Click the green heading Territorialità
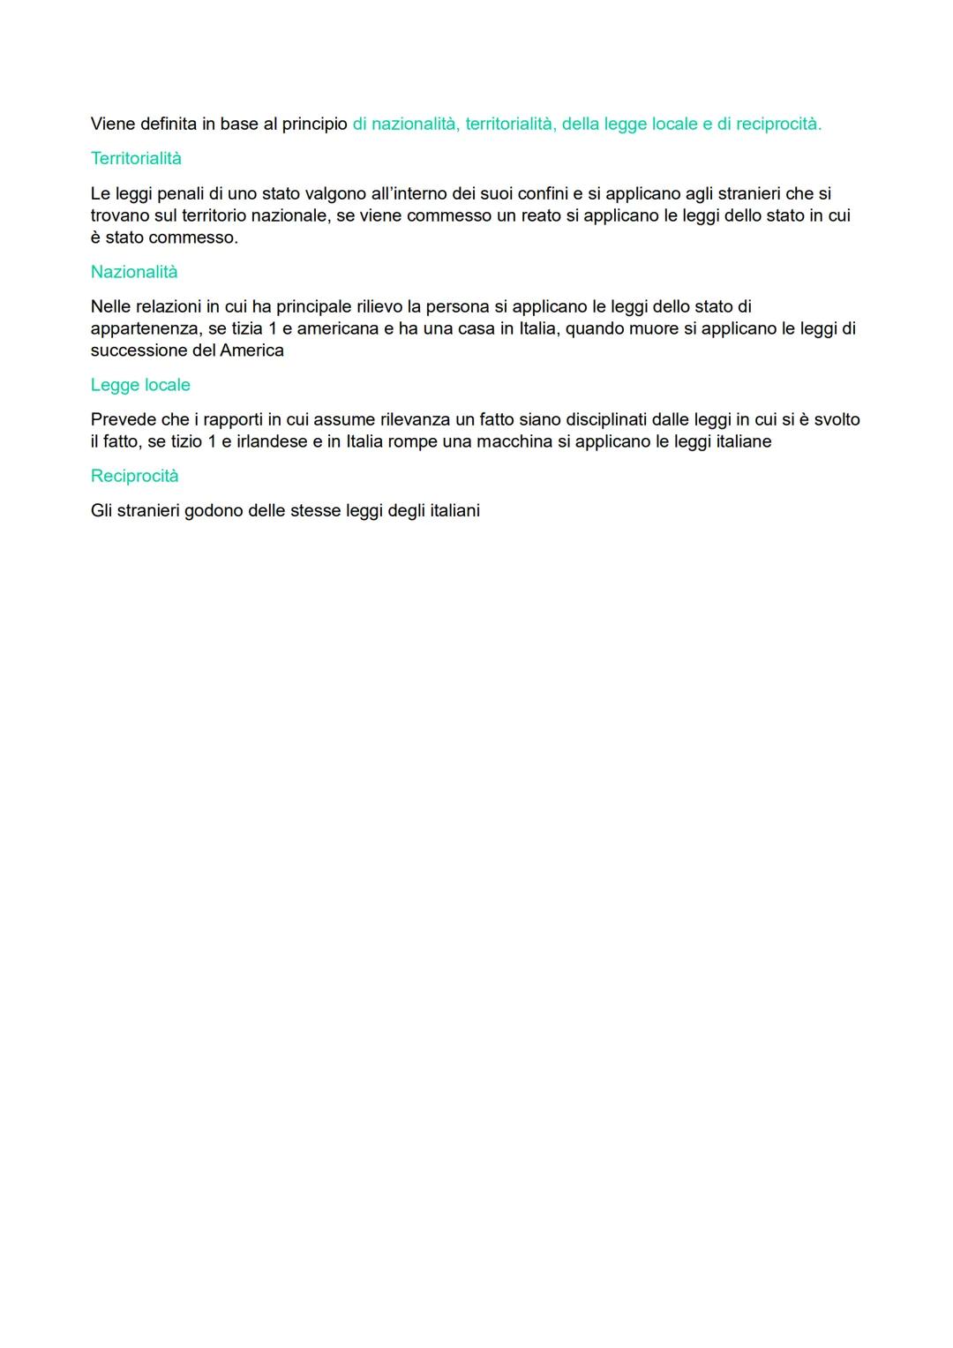coord(136,159)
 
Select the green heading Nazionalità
coord(134,272)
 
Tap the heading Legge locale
coord(140,385)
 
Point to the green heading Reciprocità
coord(134,476)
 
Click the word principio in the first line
coord(314,124)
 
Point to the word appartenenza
coord(146,328)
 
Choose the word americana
coord(337,328)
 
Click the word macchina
coord(514,441)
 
